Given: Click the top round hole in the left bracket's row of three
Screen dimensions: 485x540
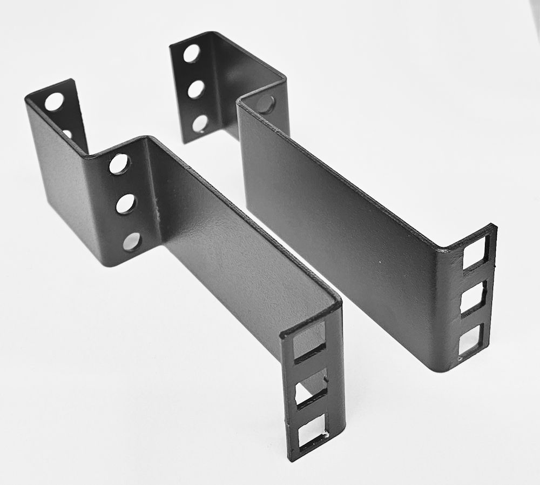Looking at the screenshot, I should click(119, 163).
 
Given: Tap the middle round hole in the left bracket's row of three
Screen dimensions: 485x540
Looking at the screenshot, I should click(126, 203).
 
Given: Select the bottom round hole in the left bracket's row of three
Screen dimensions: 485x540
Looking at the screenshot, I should click(132, 241).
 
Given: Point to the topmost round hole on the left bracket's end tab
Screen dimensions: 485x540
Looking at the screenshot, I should click(53, 102).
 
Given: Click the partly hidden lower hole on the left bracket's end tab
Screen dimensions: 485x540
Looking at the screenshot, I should click(67, 133).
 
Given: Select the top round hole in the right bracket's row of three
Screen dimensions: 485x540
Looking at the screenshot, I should click(191, 53).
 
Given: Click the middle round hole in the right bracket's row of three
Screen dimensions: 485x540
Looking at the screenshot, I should click(195, 89).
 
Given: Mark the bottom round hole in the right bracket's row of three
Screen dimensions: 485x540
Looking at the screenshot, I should click(200, 124).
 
